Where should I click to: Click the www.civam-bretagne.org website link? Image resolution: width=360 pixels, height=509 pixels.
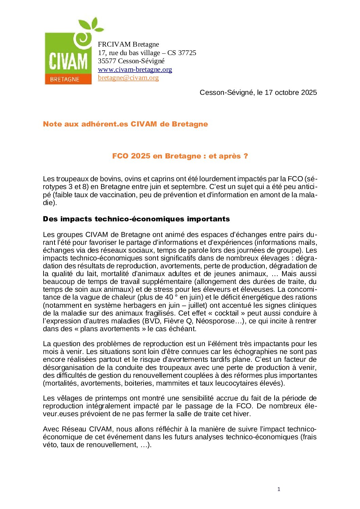135,70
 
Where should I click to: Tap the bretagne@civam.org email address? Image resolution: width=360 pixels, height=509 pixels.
128,78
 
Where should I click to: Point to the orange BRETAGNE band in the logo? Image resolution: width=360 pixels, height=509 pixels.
68,79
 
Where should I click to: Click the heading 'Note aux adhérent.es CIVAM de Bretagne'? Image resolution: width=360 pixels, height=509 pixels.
125,124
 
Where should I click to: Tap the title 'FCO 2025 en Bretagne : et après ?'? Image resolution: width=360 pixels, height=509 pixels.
180,156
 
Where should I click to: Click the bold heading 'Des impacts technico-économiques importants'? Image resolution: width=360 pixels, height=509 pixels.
136,219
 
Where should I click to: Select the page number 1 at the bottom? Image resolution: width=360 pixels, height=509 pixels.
279,489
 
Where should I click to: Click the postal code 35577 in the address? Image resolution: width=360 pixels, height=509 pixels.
107,61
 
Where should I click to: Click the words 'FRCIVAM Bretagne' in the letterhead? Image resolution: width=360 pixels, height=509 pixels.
128,45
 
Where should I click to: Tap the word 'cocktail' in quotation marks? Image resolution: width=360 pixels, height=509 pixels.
227,313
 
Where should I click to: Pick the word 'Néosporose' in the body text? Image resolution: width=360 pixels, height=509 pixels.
215,321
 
